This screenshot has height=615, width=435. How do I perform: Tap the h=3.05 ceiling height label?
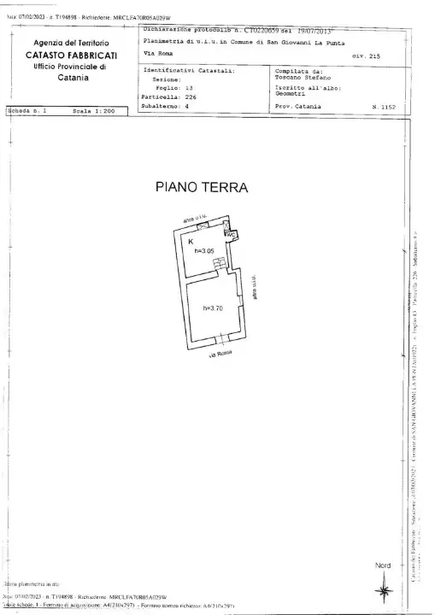203,251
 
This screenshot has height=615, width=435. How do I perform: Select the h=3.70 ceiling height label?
214,307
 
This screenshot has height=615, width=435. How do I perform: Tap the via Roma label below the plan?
220,354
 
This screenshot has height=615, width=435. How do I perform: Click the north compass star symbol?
381,588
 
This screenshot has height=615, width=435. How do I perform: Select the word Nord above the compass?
382,565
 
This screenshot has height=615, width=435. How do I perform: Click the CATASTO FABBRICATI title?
71,55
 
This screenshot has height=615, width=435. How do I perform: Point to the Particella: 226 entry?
167,97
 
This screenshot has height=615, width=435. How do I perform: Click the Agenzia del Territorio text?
71,43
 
